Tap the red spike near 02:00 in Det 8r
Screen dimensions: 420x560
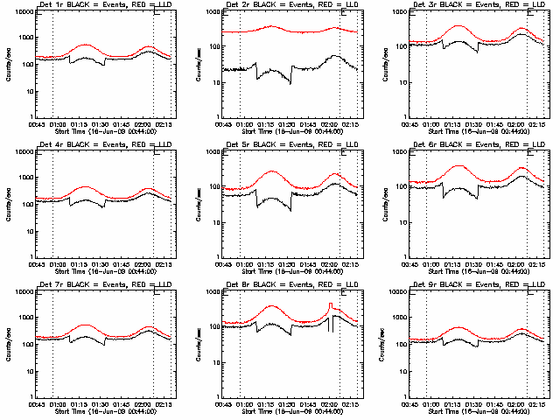tap(330, 304)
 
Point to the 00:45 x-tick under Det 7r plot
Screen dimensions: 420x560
tap(36, 403)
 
